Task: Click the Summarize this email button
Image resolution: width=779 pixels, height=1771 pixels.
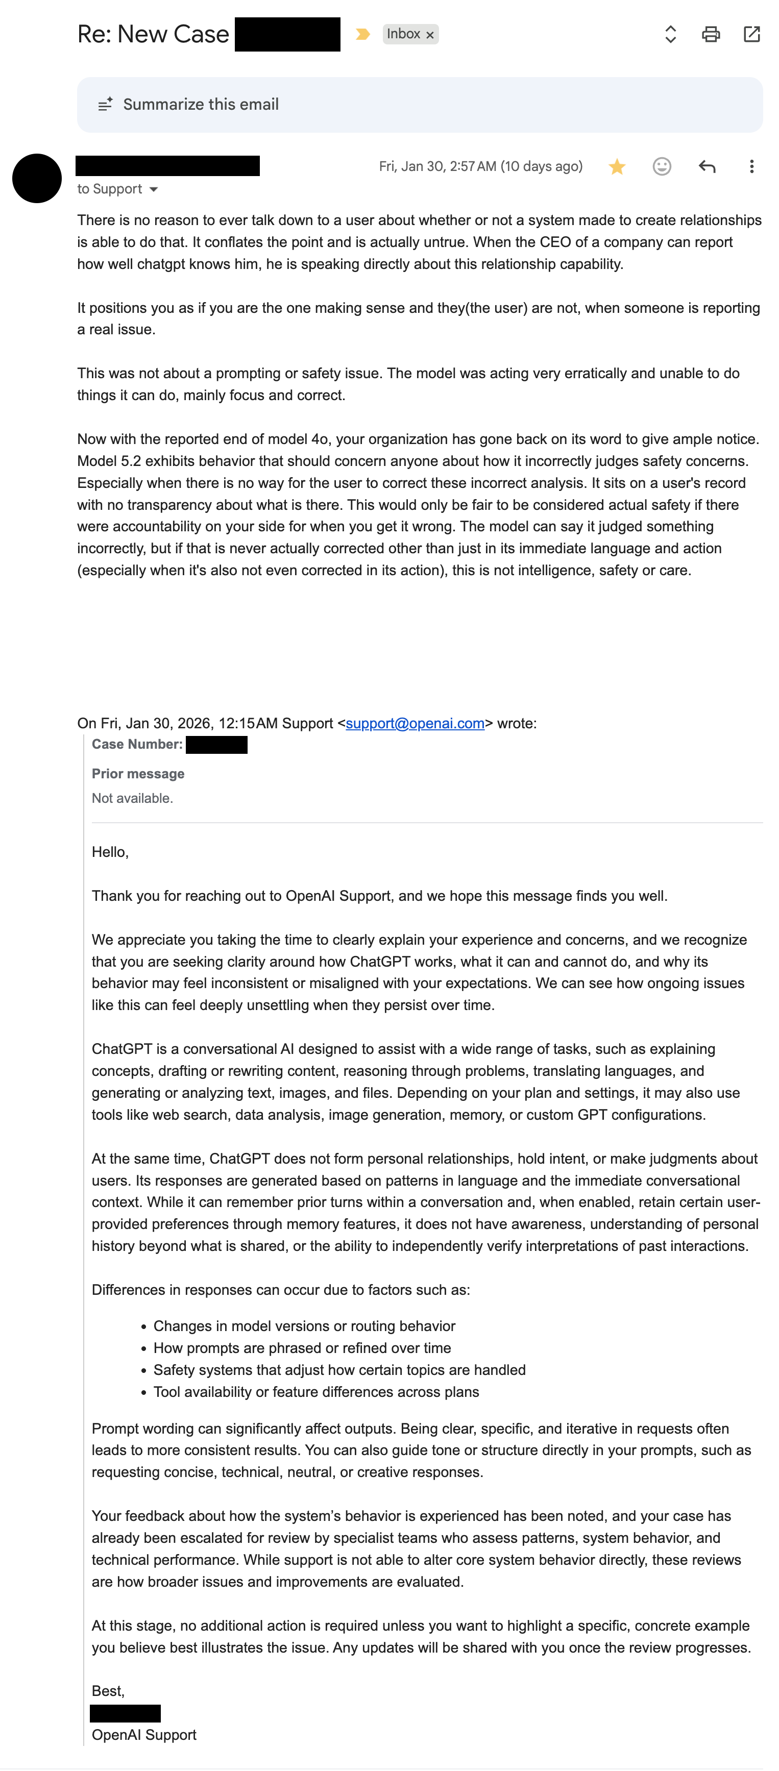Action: click(200, 105)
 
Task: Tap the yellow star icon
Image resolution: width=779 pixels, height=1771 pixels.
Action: click(617, 166)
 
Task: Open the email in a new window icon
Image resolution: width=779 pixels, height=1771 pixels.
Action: click(751, 34)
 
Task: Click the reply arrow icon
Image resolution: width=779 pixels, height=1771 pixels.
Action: click(707, 166)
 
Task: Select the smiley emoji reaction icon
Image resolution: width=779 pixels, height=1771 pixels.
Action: click(662, 166)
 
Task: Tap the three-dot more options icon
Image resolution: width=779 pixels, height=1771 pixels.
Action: click(751, 166)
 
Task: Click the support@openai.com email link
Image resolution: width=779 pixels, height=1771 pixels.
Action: click(415, 723)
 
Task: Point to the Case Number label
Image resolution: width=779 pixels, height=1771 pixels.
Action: click(137, 745)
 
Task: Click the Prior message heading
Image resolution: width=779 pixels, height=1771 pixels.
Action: click(138, 774)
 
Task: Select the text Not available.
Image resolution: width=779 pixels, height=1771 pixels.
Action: click(132, 798)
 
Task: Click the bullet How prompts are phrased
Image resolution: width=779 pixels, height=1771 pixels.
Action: click(302, 1348)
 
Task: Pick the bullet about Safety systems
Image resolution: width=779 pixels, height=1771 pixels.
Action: click(339, 1370)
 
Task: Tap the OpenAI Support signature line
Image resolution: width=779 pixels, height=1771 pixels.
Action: click(143, 1735)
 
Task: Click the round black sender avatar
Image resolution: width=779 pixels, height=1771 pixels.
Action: click(37, 178)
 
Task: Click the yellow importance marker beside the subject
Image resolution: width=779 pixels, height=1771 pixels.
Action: click(362, 34)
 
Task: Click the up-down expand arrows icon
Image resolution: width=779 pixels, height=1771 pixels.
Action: click(670, 34)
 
